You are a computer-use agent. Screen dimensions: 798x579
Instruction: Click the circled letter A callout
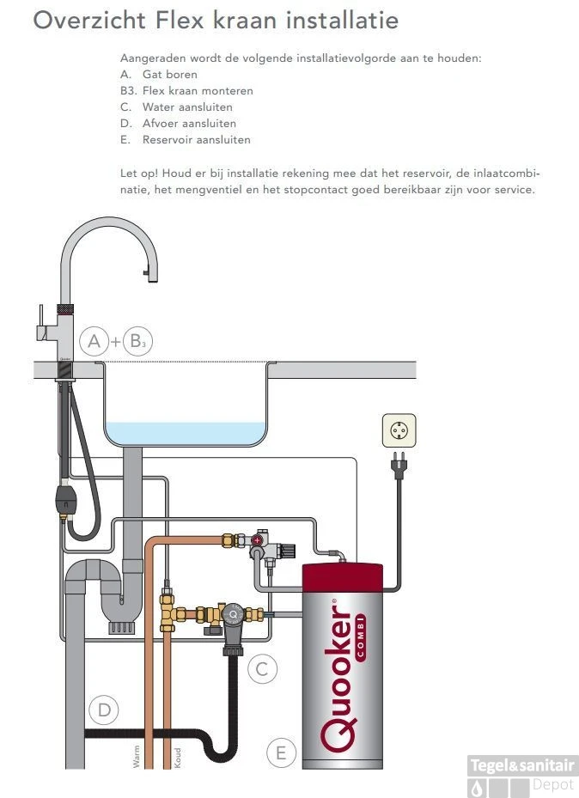[94, 342]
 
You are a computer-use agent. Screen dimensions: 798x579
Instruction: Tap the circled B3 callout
[136, 342]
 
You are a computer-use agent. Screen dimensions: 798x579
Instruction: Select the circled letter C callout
[263, 667]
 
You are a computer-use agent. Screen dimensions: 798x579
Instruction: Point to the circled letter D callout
[104, 710]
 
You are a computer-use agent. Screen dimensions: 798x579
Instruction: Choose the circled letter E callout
[279, 753]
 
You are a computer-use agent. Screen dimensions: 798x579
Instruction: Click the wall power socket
[398, 429]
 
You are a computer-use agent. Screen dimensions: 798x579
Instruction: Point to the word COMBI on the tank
[360, 637]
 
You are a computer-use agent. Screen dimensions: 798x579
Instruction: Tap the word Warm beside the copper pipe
[137, 755]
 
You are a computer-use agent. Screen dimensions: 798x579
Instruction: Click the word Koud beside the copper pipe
[178, 756]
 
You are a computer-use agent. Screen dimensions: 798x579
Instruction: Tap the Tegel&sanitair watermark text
[522, 765]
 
